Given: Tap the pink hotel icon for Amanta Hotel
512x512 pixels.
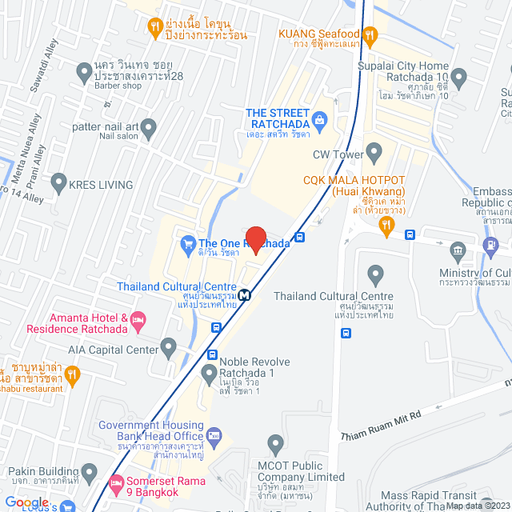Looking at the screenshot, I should tap(138, 322).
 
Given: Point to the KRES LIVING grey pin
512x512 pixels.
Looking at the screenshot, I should tap(58, 185).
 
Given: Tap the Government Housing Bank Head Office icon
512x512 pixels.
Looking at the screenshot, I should tap(214, 435).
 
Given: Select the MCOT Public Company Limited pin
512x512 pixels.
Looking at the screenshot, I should tap(276, 443).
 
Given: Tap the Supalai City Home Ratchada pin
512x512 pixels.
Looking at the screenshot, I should tap(458, 78).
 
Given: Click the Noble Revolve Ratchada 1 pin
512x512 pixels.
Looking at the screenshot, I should tap(209, 372).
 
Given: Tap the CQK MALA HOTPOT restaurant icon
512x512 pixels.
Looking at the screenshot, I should tap(386, 227).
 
